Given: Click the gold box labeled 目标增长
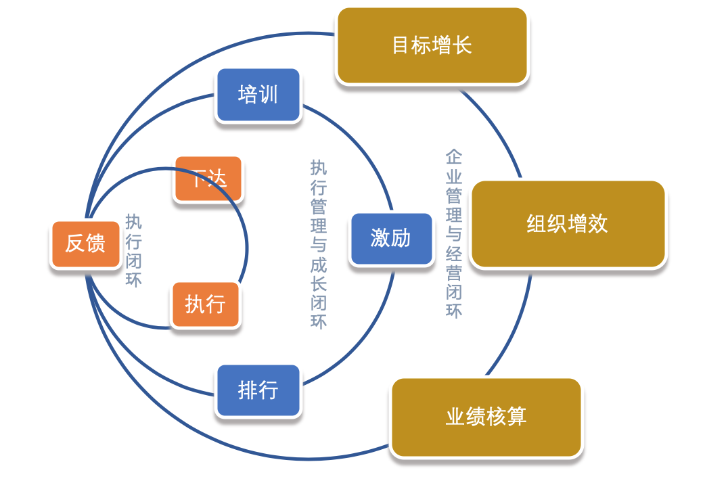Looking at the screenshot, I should tap(432, 46).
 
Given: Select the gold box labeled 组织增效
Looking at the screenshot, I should tap(567, 224).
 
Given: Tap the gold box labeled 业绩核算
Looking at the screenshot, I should tap(486, 417).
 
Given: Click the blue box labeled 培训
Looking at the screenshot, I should tap(258, 95).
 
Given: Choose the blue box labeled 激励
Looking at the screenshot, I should tap(390, 238).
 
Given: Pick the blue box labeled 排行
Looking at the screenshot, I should tap(258, 390).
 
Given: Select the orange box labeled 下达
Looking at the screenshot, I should tap(208, 179).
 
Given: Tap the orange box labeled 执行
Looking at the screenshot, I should tap(205, 305).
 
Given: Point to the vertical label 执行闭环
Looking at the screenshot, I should tap(134, 250).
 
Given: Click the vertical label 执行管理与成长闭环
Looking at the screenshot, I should tap(318, 244).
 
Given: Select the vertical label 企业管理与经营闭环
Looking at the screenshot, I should tap(453, 234).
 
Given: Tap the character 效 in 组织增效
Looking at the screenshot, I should tap(597, 224).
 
